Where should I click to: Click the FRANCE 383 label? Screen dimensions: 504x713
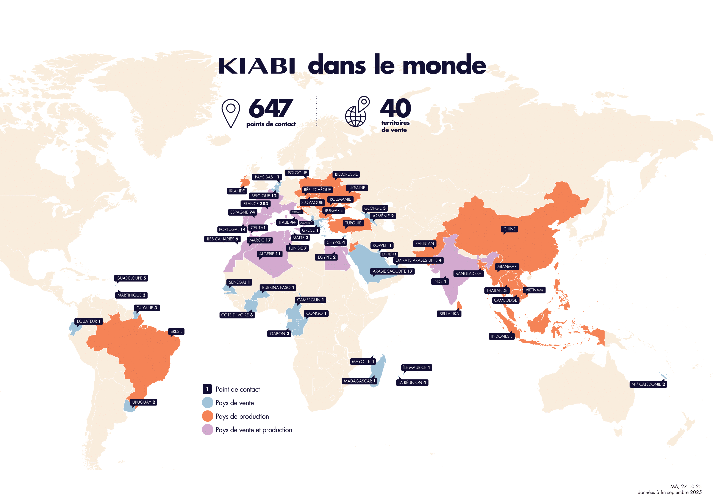click(255, 204)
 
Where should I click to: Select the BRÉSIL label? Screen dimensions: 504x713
click(176, 331)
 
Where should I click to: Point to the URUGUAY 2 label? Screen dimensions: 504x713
click(144, 402)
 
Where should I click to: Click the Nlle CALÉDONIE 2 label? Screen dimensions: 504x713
click(648, 384)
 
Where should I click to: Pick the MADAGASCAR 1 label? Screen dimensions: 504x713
click(360, 381)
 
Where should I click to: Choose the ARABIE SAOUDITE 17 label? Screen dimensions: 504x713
click(392, 271)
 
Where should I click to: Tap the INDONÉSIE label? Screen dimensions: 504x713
click(502, 336)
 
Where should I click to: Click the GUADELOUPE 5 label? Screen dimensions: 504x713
click(131, 278)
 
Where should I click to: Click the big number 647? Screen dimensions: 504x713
click(271, 108)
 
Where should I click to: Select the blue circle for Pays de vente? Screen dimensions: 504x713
click(207, 403)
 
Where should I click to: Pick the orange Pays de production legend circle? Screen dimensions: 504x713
click(207, 416)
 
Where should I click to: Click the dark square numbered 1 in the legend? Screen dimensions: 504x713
click(207, 389)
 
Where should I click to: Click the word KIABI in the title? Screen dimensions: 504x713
click(257, 66)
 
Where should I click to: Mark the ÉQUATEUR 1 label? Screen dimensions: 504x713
click(89, 321)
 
